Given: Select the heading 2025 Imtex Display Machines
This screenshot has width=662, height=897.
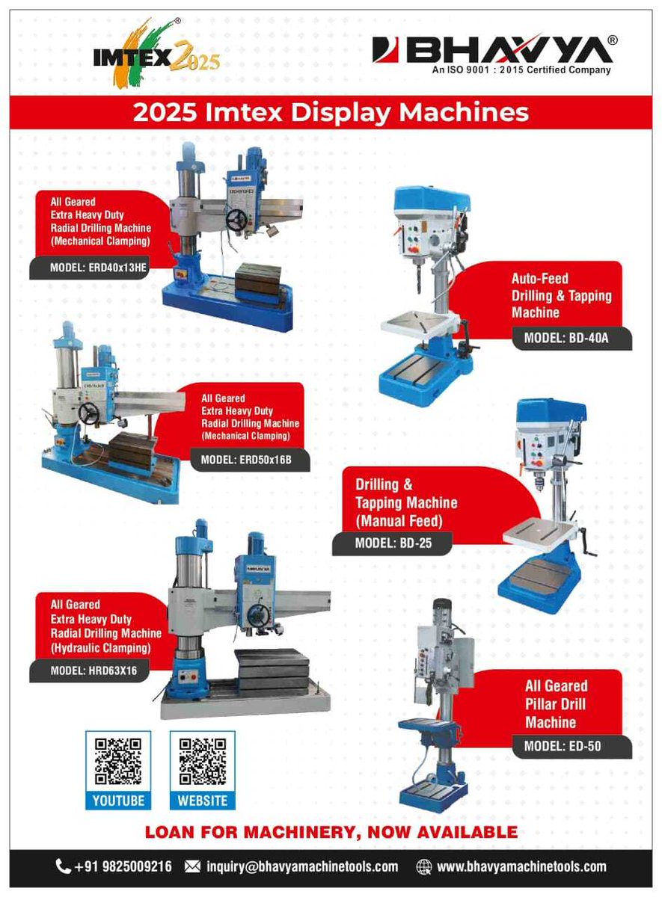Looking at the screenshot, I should pyautogui.click(x=331, y=114).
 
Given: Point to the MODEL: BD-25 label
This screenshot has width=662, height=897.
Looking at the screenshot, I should pyautogui.click(x=392, y=543).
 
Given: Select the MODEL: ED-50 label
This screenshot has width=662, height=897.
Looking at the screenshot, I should pyautogui.click(x=562, y=746).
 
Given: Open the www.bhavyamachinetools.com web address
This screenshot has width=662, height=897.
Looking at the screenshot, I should pyautogui.click(x=521, y=867).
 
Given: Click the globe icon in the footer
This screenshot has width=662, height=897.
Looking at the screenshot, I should pyautogui.click(x=424, y=867).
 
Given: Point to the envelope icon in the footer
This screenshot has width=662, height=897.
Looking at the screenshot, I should pyautogui.click(x=192, y=867).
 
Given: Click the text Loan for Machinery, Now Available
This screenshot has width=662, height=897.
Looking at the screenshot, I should pyautogui.click(x=331, y=832).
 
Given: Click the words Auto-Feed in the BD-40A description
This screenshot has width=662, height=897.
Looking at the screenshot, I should pyautogui.click(x=539, y=278).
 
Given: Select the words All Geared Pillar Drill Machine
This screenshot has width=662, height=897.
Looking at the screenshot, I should pyautogui.click(x=556, y=704).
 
